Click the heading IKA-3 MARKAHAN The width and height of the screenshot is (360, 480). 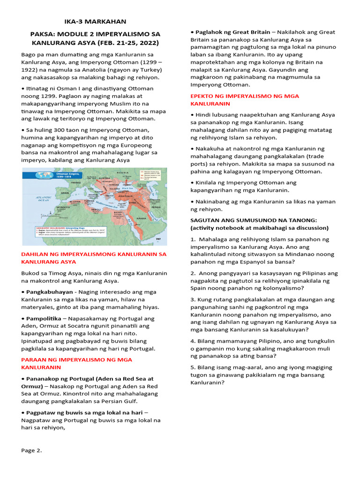pyautogui.click(x=95, y=22)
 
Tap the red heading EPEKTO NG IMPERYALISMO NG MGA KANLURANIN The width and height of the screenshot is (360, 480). pyautogui.click(x=244, y=99)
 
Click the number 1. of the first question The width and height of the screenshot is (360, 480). pyautogui.click(x=193, y=239)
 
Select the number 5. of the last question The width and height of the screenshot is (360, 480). pyautogui.click(x=193, y=367)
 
